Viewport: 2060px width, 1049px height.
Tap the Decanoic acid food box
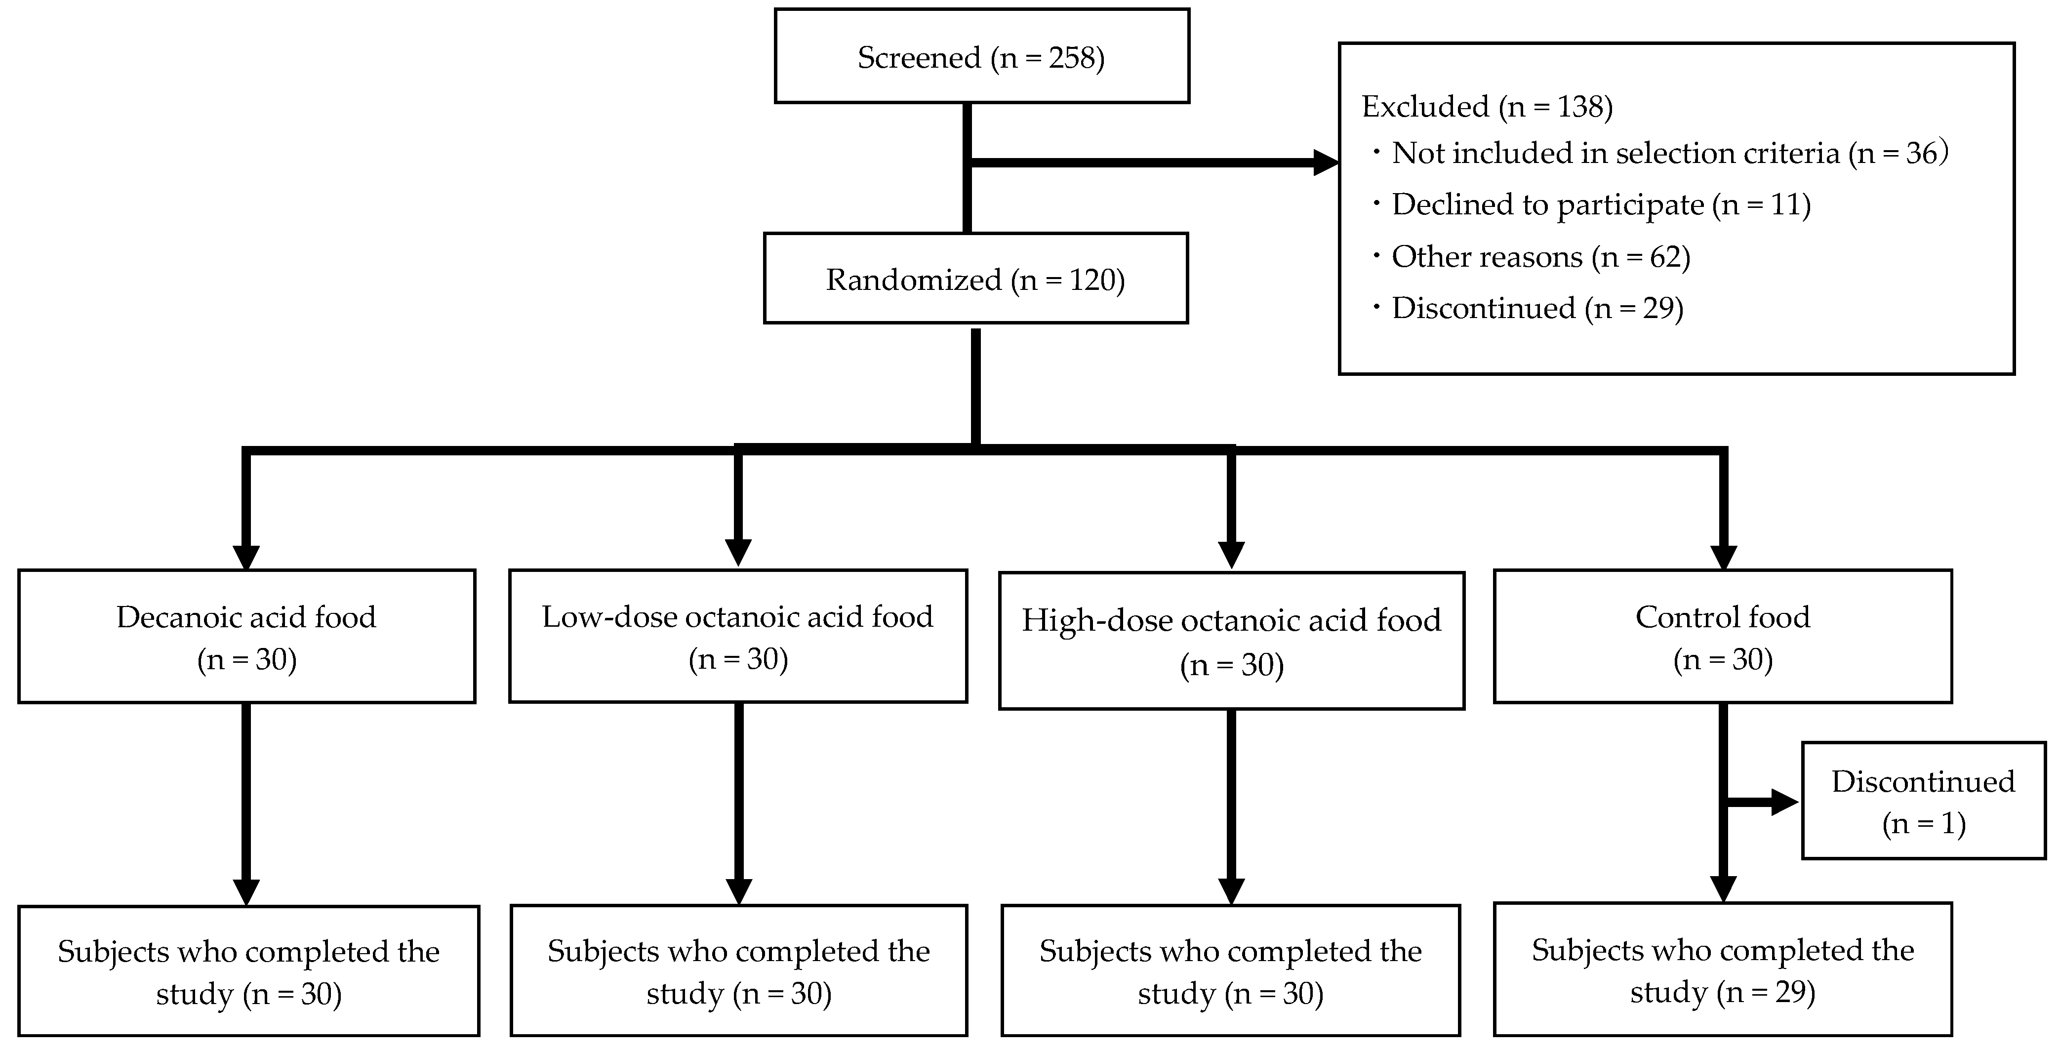tap(246, 637)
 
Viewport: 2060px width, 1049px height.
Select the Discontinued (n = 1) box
tap(1923, 801)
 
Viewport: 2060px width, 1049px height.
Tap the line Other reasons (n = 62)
tap(1540, 257)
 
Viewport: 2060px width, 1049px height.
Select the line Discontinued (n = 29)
tap(1537, 308)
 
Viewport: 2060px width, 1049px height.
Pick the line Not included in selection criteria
tap(1669, 153)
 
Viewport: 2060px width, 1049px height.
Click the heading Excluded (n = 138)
tap(1487, 106)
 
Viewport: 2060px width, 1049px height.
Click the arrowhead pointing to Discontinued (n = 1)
tap(1785, 802)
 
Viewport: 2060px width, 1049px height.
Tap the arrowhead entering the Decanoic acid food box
tap(246, 557)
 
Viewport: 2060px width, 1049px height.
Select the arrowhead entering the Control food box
tap(1723, 557)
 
